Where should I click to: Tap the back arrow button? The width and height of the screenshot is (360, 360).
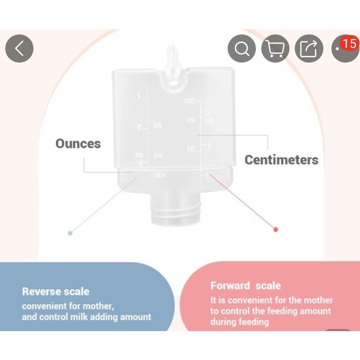pyautogui.click(x=19, y=49)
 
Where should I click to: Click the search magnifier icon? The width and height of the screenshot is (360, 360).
pyautogui.click(x=241, y=49)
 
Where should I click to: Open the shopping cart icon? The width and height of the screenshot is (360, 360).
pyautogui.click(x=275, y=49)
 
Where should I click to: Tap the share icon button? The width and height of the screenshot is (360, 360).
pyautogui.click(x=308, y=49)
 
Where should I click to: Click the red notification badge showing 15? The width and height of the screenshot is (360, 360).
pyautogui.click(x=349, y=43)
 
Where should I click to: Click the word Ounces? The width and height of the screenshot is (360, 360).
pyautogui.click(x=78, y=144)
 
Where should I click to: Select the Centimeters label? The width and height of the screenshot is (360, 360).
pyautogui.click(x=282, y=160)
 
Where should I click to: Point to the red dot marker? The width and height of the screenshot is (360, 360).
pyautogui.click(x=276, y=229)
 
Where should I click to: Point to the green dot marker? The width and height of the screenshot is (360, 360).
pyautogui.click(x=70, y=232)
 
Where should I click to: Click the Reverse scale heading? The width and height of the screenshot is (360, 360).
pyautogui.click(x=56, y=291)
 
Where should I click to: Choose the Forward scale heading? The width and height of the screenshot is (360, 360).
pyautogui.click(x=245, y=286)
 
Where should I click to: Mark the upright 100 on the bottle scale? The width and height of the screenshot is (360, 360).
pyautogui.click(x=188, y=101)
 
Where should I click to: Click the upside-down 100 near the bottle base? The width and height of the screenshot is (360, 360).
pyautogui.click(x=160, y=175)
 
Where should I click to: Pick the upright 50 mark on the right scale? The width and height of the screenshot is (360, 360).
pyautogui.click(x=190, y=149)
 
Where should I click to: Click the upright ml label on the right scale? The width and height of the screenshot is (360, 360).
pyautogui.click(x=191, y=120)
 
